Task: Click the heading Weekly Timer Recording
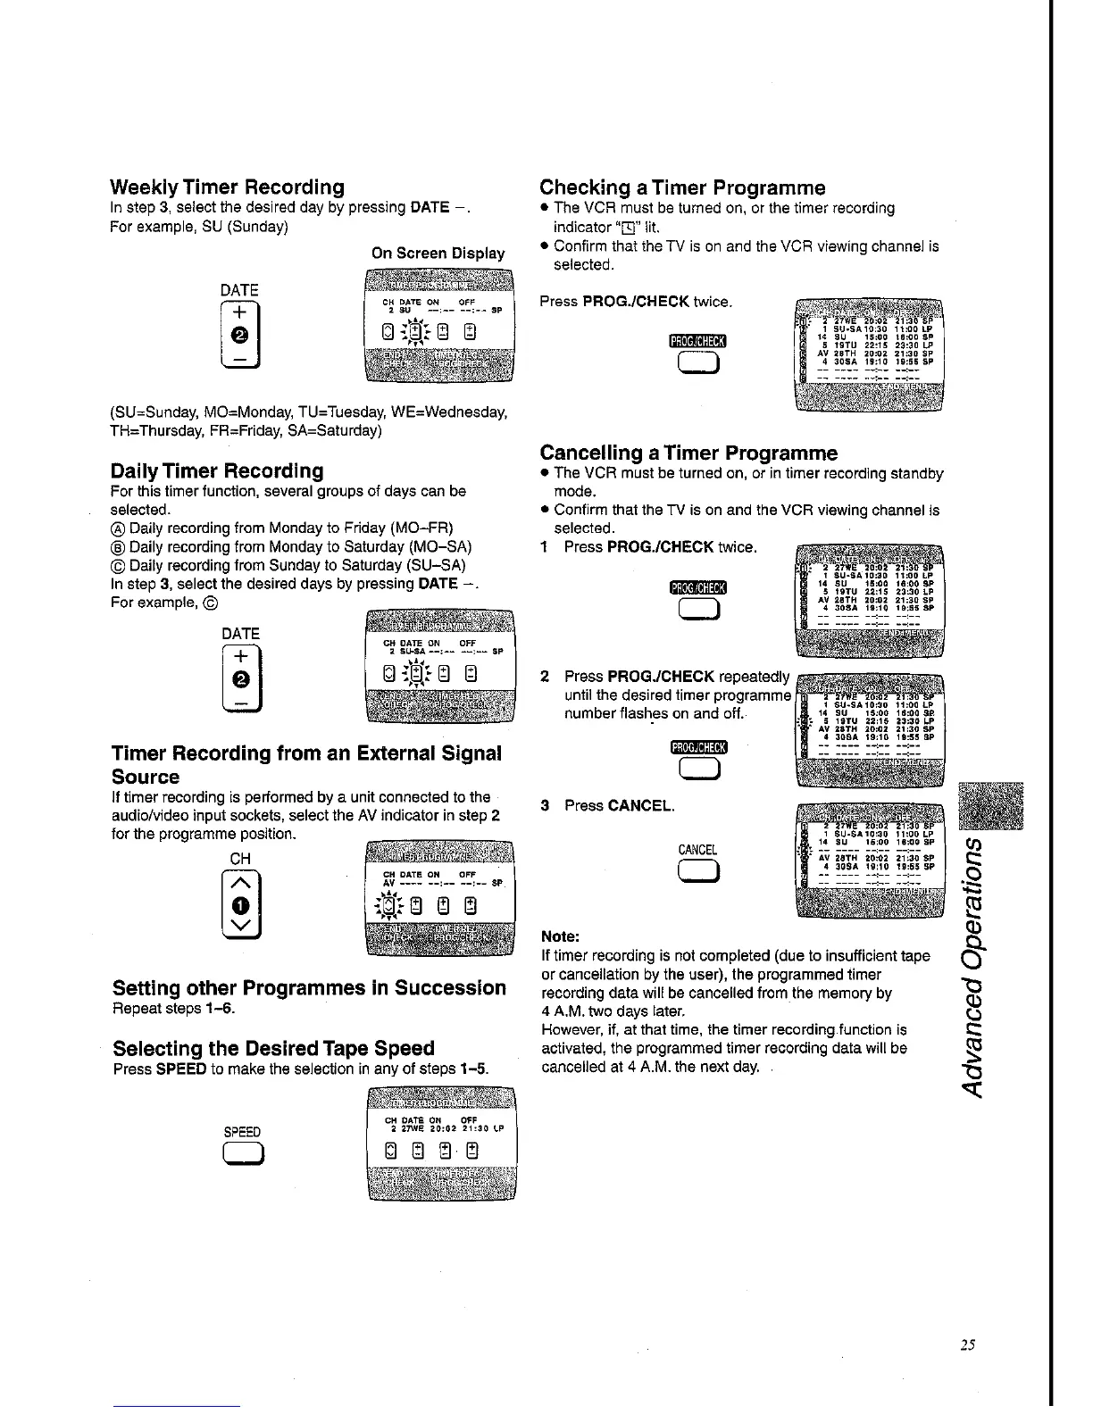point(227,187)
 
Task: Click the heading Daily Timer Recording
point(216,470)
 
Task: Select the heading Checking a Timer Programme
point(682,187)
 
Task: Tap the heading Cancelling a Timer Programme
point(688,453)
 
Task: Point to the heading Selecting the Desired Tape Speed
point(273,1048)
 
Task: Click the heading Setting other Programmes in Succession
point(309,988)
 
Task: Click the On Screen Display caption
point(438,254)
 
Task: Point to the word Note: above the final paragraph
point(561,937)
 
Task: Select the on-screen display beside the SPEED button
point(441,1143)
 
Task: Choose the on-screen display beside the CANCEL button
point(868,860)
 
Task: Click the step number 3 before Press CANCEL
point(545,806)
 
